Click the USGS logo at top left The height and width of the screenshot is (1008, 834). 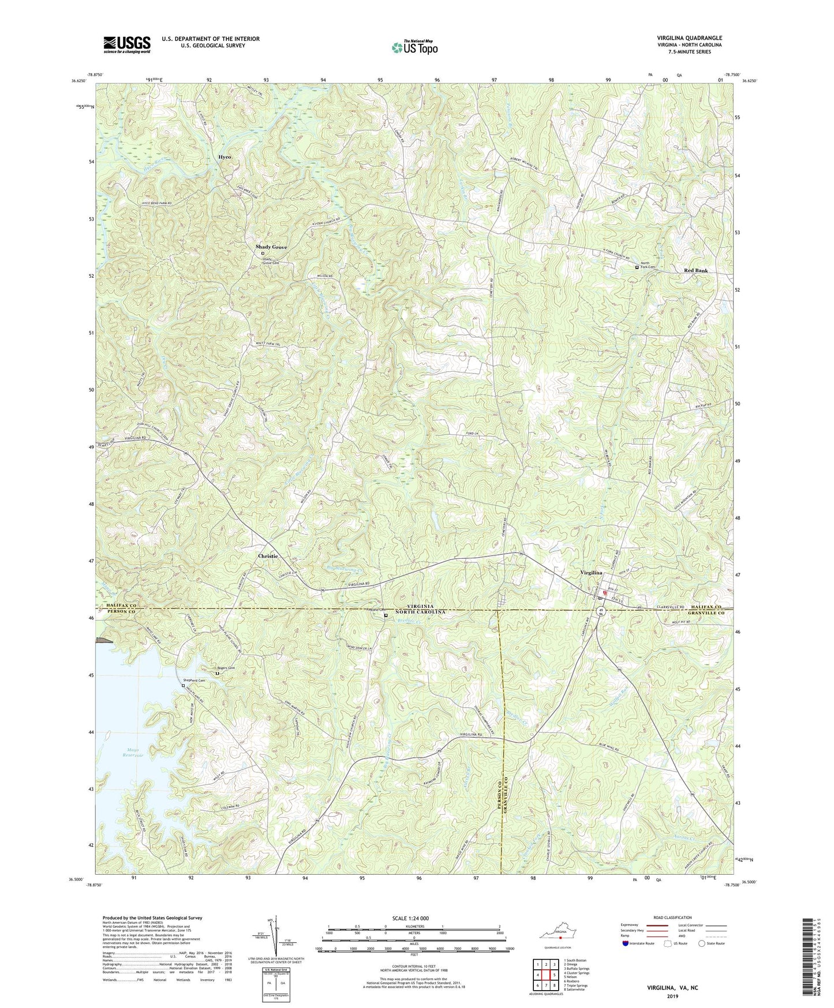[127, 44]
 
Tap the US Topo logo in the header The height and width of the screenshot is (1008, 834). [414, 47]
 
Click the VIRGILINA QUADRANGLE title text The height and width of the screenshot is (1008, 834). [689, 38]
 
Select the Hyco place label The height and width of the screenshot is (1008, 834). [228, 157]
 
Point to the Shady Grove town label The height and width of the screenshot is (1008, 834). [271, 247]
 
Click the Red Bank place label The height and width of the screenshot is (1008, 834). [695, 270]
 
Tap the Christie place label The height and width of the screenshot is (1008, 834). [268, 556]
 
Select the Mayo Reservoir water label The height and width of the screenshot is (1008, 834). [133, 752]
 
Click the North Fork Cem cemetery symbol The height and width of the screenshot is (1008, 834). [637, 267]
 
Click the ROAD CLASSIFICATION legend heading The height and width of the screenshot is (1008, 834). [672, 917]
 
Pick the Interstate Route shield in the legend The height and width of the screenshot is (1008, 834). [626, 944]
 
